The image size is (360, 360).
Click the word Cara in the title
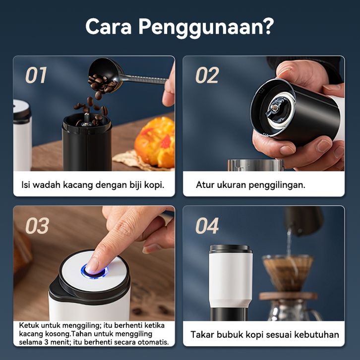tap(109, 26)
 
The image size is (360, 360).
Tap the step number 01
tap(36, 75)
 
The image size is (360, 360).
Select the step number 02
tap(207, 75)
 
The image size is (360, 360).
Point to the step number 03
tap(37, 226)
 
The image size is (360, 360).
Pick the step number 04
tap(207, 226)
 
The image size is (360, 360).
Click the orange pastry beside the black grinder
tap(155, 142)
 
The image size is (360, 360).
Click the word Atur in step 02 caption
tap(205, 185)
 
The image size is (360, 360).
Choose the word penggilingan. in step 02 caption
tap(277, 185)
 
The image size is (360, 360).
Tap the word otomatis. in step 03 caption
tap(153, 342)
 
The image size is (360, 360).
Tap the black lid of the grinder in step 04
tap(231, 249)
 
